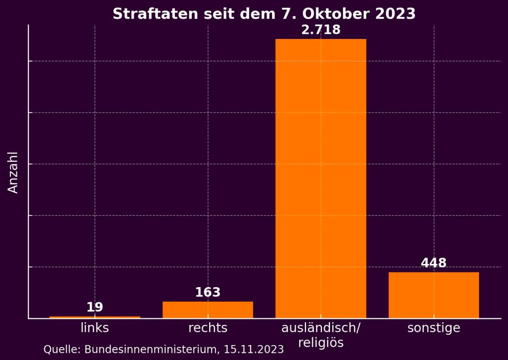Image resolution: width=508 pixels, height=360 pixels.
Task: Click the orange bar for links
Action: [x=95, y=317]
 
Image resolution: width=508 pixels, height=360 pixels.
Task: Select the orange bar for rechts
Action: [x=208, y=310]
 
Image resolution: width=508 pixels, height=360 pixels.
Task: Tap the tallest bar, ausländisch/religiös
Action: [x=320, y=178]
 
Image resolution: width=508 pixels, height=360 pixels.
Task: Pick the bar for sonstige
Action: [x=433, y=295]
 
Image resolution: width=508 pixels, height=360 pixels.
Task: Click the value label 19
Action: [x=95, y=307]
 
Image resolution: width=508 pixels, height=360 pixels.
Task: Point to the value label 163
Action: [x=208, y=292]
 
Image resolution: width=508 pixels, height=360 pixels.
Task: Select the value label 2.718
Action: [x=320, y=30]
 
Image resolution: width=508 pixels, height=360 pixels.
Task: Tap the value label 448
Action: [x=433, y=263]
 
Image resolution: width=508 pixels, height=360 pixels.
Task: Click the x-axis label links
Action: [x=95, y=328]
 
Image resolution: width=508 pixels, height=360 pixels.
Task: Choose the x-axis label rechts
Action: [x=208, y=328]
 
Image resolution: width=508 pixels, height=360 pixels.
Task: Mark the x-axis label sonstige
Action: [x=433, y=328]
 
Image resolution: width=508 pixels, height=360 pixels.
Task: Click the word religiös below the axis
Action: [x=320, y=342]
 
